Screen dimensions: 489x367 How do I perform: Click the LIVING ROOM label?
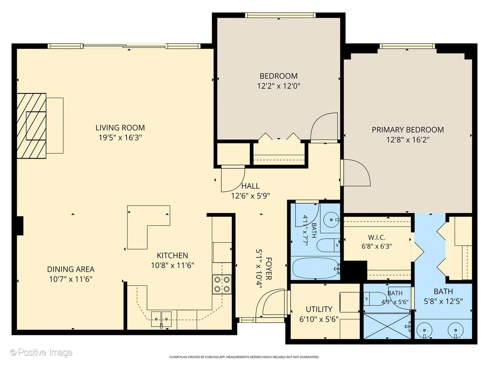coord(120,128)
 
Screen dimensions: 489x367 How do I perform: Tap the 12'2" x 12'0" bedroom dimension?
coord(279,86)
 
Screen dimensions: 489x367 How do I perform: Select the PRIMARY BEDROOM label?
coord(408,130)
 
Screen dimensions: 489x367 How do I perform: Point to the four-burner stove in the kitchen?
coord(222,284)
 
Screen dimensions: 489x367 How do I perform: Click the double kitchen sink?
coord(161,319)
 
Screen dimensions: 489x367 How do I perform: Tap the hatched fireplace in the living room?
coord(32,126)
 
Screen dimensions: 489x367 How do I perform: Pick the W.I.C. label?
coord(377,237)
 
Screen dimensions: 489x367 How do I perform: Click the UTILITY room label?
coord(319,309)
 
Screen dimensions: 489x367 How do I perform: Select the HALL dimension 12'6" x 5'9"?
coord(250,196)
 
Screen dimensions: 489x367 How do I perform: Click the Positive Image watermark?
coord(41,352)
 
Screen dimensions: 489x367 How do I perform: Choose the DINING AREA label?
coord(71,269)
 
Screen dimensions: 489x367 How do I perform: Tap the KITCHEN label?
coord(173,255)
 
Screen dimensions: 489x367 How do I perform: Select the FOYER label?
coord(269,269)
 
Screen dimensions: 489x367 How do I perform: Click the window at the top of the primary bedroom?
coord(407,46)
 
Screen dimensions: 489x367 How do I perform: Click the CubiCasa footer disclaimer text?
coord(244,357)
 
